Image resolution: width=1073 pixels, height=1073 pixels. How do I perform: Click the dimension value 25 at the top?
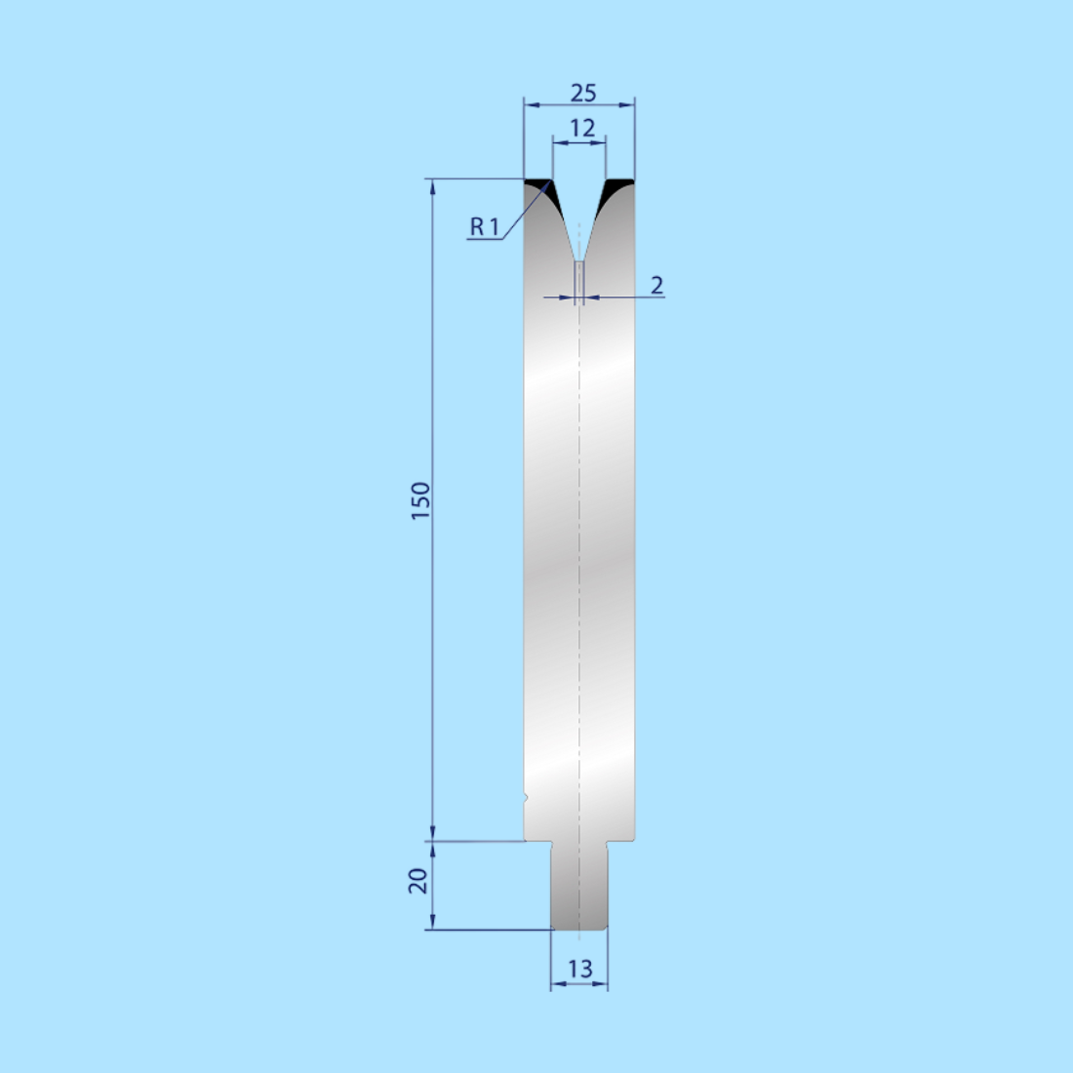[x=582, y=93]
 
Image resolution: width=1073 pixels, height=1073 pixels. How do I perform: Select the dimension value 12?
[x=582, y=128]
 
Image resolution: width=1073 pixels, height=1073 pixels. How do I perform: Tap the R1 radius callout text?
[x=484, y=227]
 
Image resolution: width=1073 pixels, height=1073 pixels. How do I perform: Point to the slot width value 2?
[x=656, y=285]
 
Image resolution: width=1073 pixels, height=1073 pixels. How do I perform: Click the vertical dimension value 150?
[x=420, y=500]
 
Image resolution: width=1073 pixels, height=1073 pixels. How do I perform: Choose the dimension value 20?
[x=418, y=881]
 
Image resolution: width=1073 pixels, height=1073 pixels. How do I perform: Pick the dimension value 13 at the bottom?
[x=579, y=969]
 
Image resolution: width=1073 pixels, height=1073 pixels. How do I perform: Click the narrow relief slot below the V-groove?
[x=579, y=281]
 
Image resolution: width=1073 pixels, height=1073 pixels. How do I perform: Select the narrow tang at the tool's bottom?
[x=579, y=888]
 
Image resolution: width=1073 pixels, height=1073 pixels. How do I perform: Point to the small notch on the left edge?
[x=526, y=798]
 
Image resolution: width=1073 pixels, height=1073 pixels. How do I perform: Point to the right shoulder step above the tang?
[x=621, y=841]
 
